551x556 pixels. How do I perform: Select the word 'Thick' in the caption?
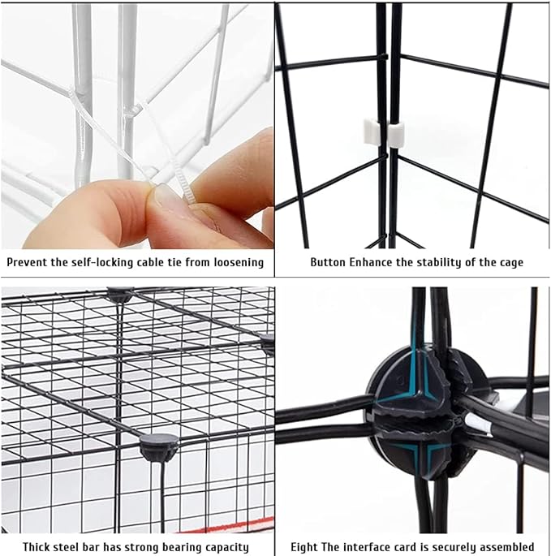(x=38, y=546)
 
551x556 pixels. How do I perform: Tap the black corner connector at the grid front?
(x=158, y=446)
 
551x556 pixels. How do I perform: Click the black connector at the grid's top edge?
(x=120, y=294)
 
